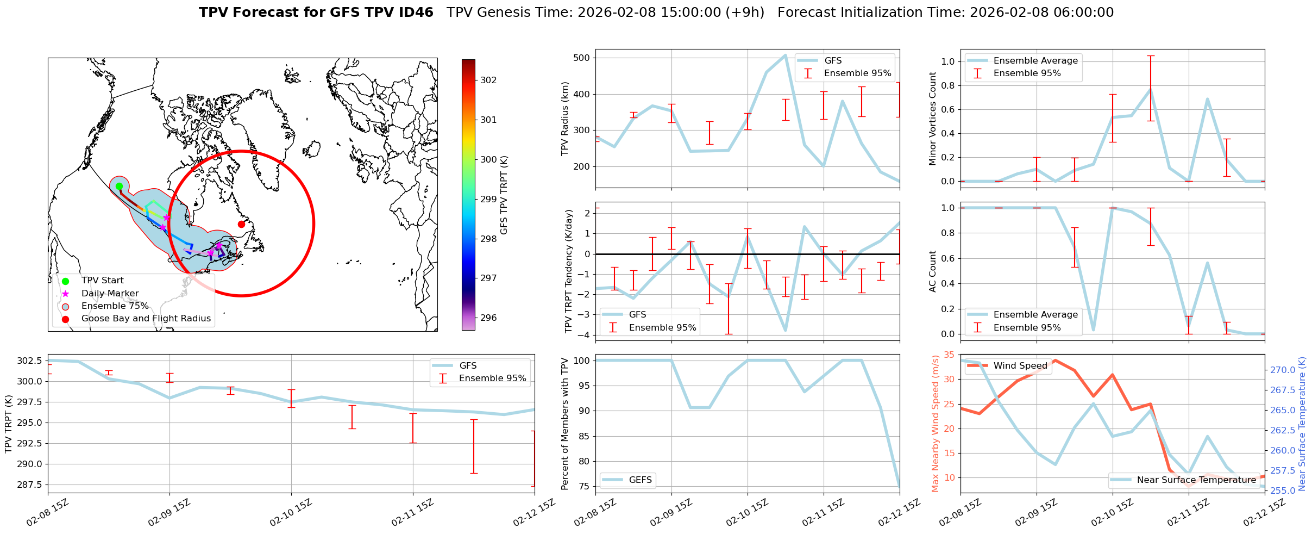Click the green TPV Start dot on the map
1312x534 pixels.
pyautogui.click(x=119, y=186)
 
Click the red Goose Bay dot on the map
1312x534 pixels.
pyautogui.click(x=241, y=224)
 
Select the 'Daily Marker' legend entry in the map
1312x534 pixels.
pyautogui.click(x=110, y=293)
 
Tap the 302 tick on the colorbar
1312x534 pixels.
pyautogui.click(x=488, y=80)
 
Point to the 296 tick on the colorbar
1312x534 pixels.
pyautogui.click(x=488, y=318)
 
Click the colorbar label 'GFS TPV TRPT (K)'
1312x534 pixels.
pyautogui.click(x=504, y=195)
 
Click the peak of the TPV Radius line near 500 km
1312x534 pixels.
pyautogui.click(x=785, y=55)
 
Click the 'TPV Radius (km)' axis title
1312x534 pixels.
pyautogui.click(x=565, y=119)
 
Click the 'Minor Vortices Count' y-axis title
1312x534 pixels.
pyautogui.click(x=933, y=119)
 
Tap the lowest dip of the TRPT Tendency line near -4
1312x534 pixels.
pyautogui.click(x=785, y=330)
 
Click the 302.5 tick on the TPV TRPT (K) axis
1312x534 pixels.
pyautogui.click(x=30, y=361)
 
